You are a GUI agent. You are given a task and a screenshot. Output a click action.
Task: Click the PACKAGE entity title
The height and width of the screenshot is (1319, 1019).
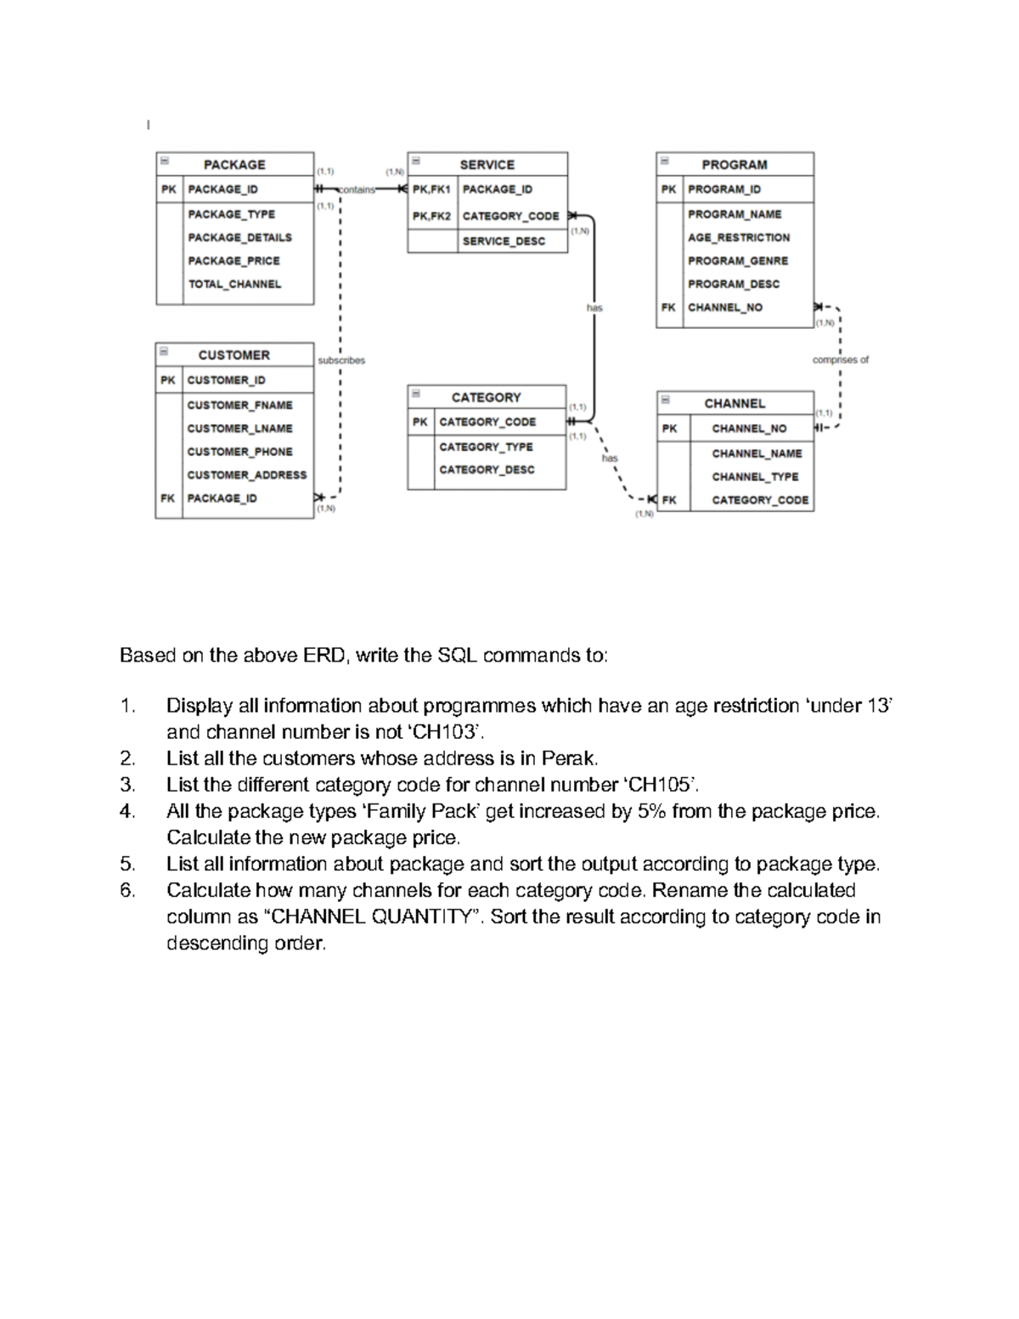tap(234, 165)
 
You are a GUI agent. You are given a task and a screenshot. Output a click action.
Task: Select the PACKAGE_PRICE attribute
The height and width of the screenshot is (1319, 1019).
tap(234, 261)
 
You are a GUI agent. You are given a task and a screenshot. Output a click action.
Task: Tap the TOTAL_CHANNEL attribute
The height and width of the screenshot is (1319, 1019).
tap(234, 285)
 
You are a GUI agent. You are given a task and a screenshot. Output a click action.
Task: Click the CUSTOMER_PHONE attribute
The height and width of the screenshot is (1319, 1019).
tap(239, 452)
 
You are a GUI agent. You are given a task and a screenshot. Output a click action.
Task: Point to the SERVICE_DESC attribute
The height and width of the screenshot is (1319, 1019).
tap(504, 241)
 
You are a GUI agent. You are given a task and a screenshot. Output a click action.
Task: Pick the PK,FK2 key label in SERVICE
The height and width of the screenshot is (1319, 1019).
tap(431, 217)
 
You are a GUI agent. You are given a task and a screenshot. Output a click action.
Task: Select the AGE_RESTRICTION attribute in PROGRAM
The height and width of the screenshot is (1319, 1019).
tap(739, 238)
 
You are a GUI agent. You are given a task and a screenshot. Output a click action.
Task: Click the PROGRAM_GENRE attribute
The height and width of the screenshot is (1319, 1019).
tap(738, 261)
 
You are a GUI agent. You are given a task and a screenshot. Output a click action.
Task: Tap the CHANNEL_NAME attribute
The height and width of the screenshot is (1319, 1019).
tap(757, 454)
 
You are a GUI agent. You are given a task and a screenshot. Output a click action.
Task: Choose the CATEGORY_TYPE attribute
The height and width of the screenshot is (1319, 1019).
tap(486, 447)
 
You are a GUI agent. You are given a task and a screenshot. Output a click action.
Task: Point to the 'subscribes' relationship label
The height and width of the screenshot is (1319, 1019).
tap(341, 360)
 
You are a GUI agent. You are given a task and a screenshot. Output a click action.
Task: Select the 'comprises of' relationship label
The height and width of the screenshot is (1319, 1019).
tap(840, 360)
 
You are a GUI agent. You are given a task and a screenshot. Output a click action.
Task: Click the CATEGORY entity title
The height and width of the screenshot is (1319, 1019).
tap(486, 397)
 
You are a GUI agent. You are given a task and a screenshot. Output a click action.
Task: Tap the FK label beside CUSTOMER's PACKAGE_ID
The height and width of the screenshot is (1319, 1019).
tap(167, 499)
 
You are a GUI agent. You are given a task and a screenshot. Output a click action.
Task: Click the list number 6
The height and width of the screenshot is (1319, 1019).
tap(127, 891)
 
